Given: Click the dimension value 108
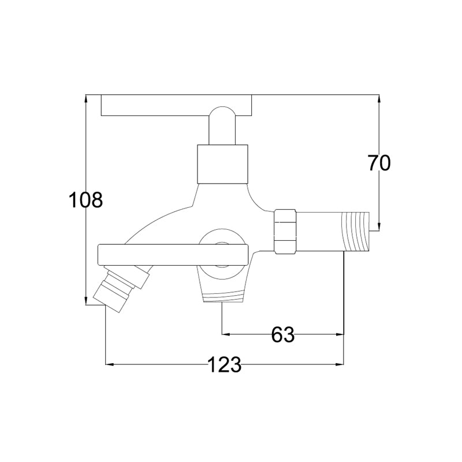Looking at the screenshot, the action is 85,199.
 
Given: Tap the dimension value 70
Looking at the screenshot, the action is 379,163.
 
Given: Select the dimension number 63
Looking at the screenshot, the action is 283,334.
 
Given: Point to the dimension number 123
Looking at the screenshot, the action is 225,365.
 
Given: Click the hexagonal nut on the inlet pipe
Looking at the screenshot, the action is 285,232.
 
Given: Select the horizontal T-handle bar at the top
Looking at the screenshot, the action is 177,105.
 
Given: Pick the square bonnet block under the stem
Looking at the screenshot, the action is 222,164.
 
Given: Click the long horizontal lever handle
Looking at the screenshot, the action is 173,255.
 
